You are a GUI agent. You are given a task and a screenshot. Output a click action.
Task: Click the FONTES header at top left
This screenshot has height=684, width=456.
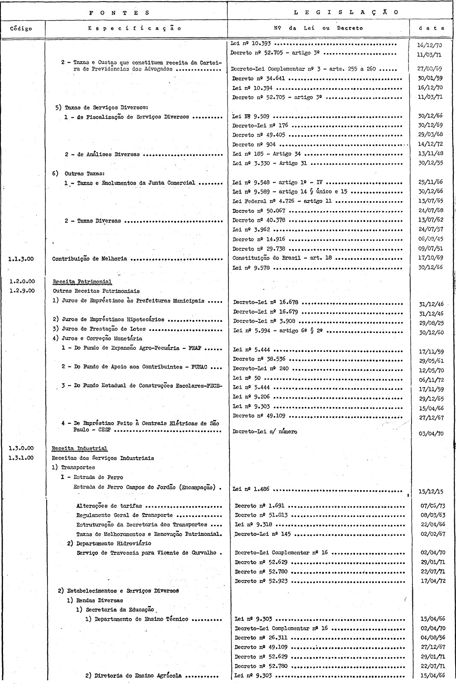[x=119, y=13]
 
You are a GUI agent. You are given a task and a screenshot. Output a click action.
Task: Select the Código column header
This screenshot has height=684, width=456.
[x=21, y=29]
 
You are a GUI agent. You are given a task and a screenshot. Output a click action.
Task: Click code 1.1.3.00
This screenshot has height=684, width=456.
[x=21, y=259]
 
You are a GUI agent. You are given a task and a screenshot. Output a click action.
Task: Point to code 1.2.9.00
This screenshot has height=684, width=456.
[x=21, y=291]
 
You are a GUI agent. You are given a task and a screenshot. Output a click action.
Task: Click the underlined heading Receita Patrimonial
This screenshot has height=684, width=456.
[x=82, y=282]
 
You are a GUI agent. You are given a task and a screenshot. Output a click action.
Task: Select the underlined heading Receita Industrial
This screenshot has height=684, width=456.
[x=80, y=449]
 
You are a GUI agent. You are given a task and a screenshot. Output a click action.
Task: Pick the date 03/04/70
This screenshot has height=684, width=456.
[x=432, y=434]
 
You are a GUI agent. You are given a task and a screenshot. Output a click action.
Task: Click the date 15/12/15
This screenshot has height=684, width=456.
[x=432, y=491]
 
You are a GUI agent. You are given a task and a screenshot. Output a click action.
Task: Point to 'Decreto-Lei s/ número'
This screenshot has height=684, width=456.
[x=265, y=431]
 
